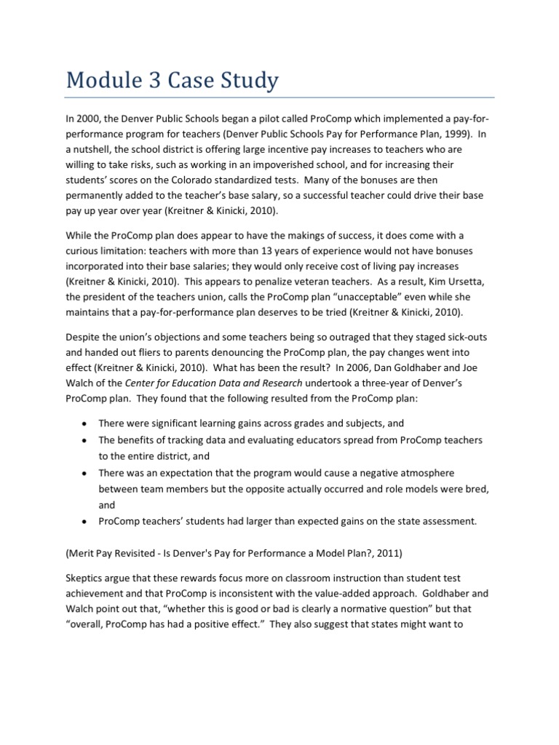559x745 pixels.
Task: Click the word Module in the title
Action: [x=107, y=79]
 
